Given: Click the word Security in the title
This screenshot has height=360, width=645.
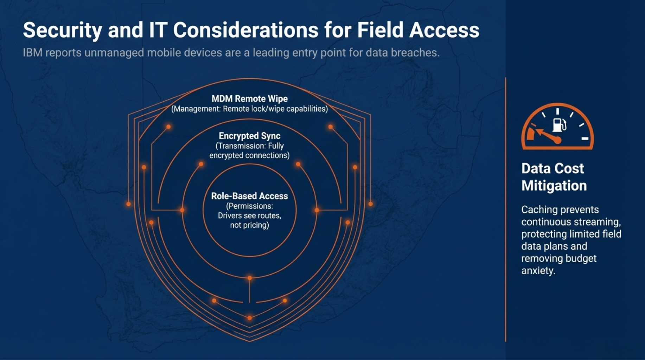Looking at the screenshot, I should (x=62, y=30).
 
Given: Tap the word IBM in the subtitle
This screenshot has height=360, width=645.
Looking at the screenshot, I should (x=32, y=53).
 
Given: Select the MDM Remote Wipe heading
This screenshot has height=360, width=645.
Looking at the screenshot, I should (x=249, y=99).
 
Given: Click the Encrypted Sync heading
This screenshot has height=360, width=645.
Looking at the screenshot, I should (x=249, y=136).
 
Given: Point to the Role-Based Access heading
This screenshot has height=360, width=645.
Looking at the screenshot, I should (x=249, y=196).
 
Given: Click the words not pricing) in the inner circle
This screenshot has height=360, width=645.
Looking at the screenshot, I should (x=249, y=225).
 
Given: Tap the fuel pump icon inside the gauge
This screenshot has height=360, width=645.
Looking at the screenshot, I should (x=558, y=125).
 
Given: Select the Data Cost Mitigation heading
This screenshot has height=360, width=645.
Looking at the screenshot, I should (x=554, y=177).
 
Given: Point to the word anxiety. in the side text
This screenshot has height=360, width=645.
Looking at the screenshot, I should (x=538, y=271).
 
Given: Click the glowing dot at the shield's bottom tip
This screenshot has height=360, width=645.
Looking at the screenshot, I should (x=249, y=318).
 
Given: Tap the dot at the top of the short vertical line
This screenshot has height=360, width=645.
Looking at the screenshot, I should (x=249, y=278).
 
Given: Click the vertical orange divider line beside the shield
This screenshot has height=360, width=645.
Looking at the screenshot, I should (x=505, y=211).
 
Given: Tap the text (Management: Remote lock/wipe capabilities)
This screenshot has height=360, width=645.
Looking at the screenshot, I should (x=249, y=109).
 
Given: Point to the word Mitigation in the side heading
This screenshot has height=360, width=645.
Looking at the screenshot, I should (x=554, y=186).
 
